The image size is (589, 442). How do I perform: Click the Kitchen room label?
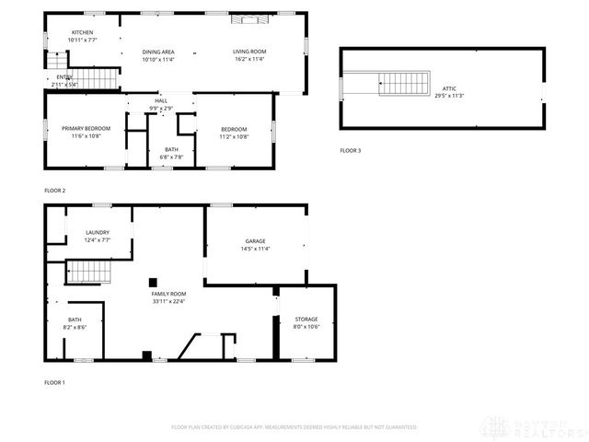[x=84, y=32]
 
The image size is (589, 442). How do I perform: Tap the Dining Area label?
[x=158, y=52]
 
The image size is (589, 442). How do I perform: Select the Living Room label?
[x=248, y=52]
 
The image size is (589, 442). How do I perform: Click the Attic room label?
[x=449, y=88]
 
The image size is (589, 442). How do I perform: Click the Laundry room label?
[x=97, y=232]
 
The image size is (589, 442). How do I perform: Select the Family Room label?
[x=168, y=293]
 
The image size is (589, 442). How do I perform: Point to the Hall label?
[x=161, y=101]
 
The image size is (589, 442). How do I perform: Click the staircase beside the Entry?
[x=97, y=78]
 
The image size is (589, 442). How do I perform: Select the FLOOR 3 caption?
[x=351, y=150]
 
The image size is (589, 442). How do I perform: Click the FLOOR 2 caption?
[x=55, y=191]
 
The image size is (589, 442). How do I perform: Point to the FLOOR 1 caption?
[x=55, y=382]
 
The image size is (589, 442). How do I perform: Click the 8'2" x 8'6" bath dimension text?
[x=75, y=327]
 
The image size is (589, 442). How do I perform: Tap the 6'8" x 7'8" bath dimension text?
[x=172, y=157]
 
